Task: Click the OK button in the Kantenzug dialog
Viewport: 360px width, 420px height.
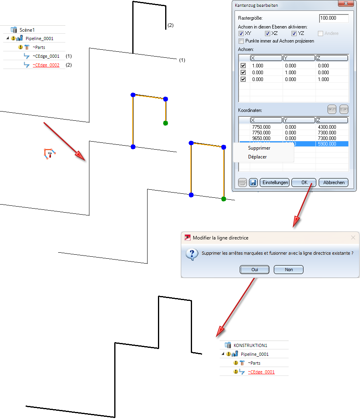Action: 304,183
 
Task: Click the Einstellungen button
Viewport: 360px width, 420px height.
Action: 275,183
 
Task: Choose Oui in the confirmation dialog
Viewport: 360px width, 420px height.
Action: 255,270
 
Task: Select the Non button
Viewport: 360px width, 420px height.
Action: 289,270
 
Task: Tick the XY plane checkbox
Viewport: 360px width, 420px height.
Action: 241,33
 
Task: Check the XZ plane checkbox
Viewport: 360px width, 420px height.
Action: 267,33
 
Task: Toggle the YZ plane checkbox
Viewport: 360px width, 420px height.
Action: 294,33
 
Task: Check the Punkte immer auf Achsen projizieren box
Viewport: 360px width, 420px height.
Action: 241,41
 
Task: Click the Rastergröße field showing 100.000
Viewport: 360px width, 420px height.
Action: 334,18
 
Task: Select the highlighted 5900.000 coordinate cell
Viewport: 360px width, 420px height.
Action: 332,144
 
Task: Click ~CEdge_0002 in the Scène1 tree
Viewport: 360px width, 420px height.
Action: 46,65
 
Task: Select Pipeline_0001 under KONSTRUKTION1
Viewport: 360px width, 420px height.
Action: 255,354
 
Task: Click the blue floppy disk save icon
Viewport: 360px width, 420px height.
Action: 253,183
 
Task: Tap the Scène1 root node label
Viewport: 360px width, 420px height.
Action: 27,30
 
